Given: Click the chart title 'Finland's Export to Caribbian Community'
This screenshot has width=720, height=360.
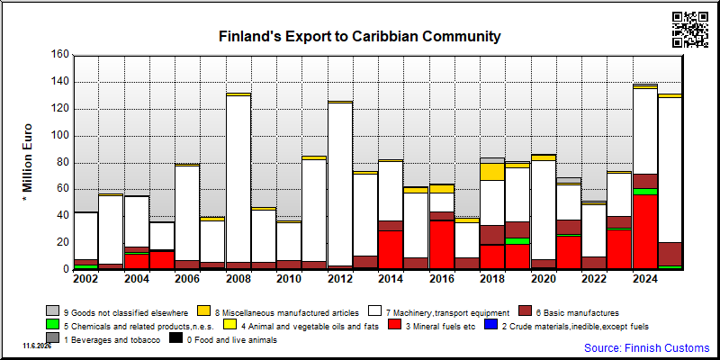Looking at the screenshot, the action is [359, 36].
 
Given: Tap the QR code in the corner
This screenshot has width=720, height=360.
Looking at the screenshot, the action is [690, 30].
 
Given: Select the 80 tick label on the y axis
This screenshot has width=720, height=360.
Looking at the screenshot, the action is [63, 163].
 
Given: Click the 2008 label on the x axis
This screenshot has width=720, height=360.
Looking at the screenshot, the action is [238, 279].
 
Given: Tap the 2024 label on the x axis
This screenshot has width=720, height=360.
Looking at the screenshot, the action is [645, 279].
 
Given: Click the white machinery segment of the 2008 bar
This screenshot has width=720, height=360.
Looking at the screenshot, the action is [238, 179].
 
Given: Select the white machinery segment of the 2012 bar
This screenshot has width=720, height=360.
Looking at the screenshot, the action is [340, 184].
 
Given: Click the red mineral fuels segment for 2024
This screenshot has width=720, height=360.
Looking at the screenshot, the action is [645, 232].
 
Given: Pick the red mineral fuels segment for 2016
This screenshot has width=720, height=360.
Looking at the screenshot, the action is [441, 245].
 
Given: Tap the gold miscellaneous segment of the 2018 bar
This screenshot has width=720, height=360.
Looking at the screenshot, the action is [492, 172].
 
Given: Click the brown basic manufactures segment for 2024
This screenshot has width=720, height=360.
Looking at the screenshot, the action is [645, 182].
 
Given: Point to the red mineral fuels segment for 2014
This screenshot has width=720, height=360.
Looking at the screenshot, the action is [391, 250].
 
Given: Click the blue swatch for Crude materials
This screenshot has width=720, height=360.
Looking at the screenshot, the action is [491, 325].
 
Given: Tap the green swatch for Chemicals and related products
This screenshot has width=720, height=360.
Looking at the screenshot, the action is [52, 325].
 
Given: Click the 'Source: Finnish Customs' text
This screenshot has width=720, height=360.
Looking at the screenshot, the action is [646, 347].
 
